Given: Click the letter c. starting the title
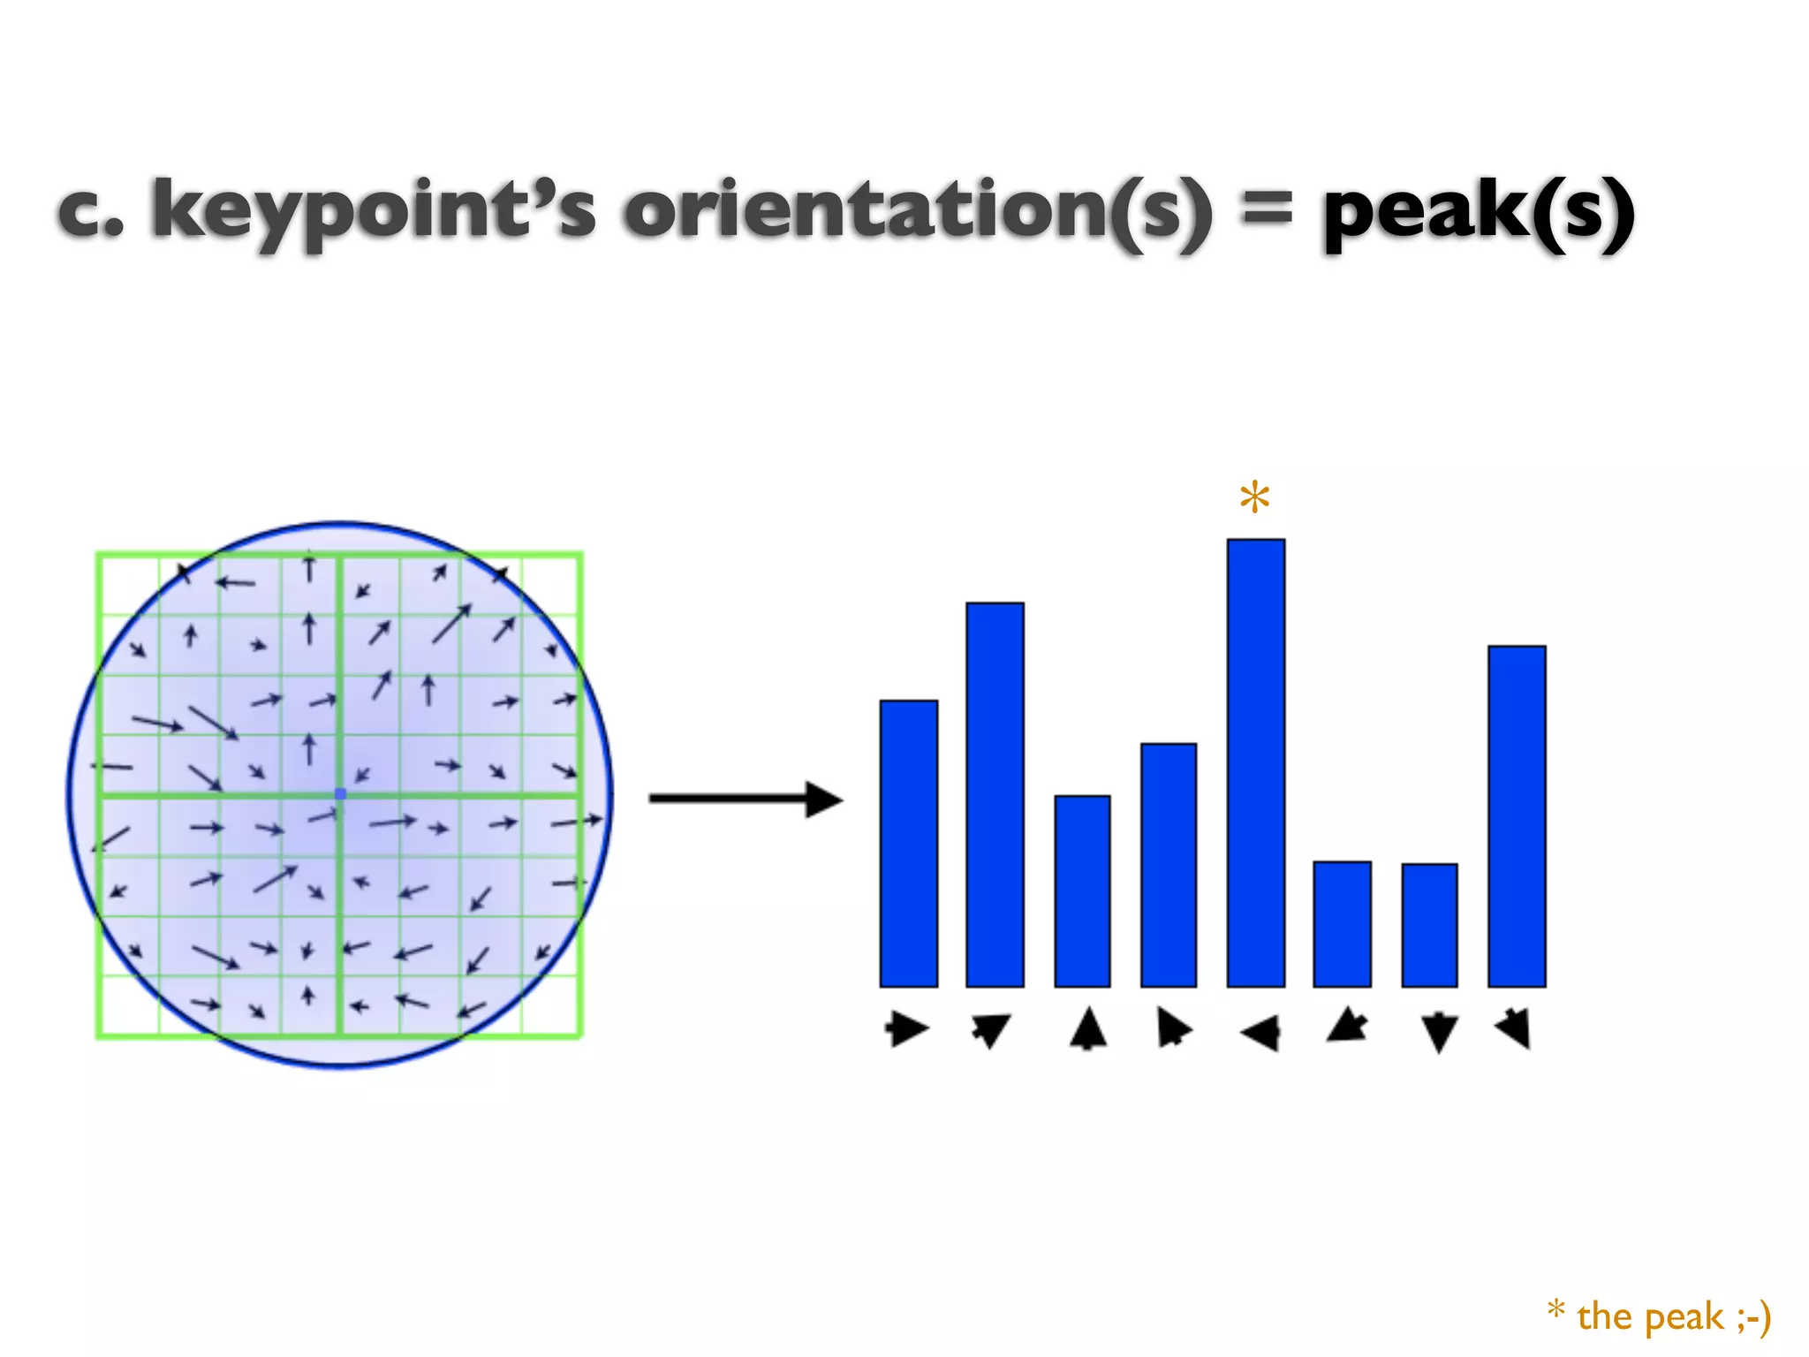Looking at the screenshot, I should click(91, 212).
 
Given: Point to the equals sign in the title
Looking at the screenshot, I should click(1267, 212).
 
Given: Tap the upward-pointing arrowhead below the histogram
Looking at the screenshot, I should click(1087, 1028).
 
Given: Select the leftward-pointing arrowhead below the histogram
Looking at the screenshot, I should click(1260, 1032).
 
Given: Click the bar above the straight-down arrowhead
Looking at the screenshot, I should click(1429, 925).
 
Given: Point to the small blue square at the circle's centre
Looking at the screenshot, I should click(341, 794).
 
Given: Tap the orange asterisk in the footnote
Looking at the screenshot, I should click(1556, 1309).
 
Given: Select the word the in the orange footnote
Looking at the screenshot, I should click(1604, 1317).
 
